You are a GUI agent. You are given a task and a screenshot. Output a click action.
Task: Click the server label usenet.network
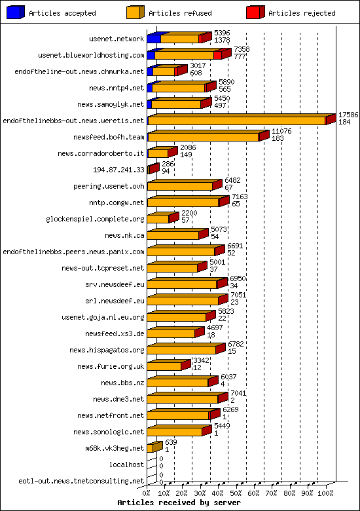pos(117,39)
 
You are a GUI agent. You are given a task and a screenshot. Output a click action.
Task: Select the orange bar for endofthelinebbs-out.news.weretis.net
pos(236,121)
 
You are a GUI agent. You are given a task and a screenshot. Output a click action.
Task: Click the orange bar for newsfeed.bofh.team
pos(203,137)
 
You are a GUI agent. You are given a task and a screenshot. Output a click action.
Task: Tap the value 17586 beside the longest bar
pos(348,115)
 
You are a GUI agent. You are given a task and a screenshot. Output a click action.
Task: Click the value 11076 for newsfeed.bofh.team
pos(281,131)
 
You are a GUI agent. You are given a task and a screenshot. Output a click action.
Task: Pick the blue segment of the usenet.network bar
pos(153,39)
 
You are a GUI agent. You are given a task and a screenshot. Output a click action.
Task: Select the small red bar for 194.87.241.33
pos(153,170)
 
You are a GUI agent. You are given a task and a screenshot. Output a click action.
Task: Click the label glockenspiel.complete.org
pos(95,219)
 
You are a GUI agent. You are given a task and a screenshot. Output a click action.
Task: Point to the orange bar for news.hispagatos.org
pos(181,350)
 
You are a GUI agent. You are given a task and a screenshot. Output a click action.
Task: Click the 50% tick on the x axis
pos(236,493)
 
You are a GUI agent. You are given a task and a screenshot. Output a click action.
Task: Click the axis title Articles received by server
pos(179,502)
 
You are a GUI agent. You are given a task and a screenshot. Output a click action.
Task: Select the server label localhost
pos(127,464)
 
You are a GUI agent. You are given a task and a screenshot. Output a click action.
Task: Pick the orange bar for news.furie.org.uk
pos(164,366)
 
